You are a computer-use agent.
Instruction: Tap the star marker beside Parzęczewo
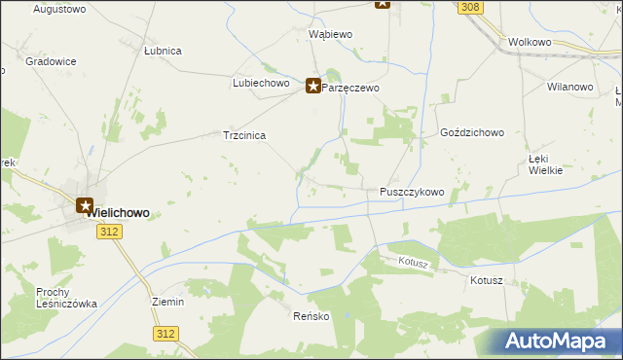click(313, 87)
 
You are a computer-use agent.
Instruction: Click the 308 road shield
click(470, 7)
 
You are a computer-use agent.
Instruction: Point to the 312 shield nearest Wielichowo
click(110, 231)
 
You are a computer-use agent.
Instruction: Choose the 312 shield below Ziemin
click(165, 334)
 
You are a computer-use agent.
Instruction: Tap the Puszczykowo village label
click(411, 193)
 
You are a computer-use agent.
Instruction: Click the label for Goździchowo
click(471, 132)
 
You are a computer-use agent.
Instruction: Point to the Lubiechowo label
click(262, 84)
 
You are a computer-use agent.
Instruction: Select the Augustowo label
click(59, 9)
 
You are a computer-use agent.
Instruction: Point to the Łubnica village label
click(163, 51)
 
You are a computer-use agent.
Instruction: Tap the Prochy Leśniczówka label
click(66, 298)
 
